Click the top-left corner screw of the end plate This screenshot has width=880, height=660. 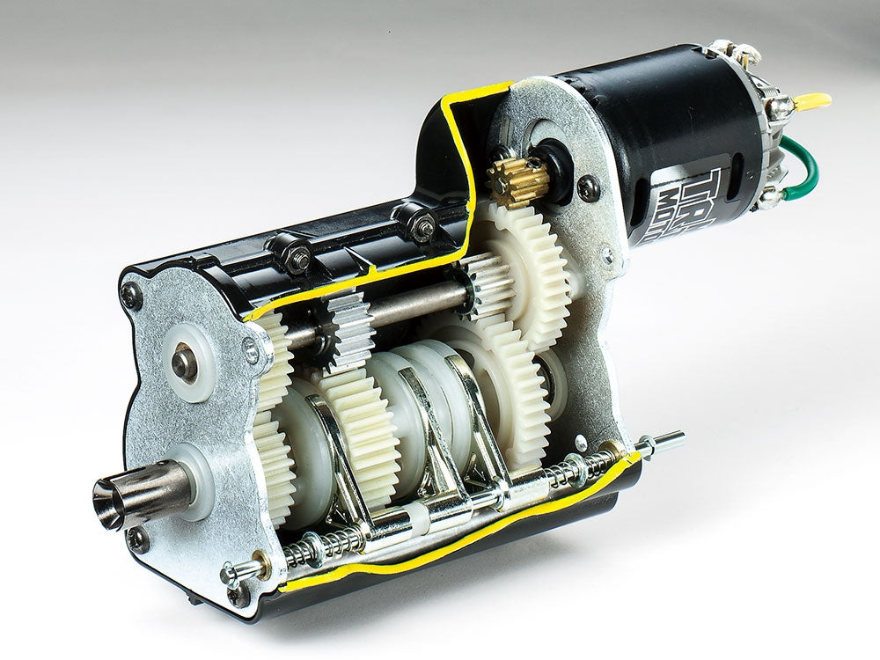click(x=131, y=296)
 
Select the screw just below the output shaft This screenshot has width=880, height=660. click(x=137, y=539)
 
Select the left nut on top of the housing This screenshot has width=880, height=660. click(x=300, y=256)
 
